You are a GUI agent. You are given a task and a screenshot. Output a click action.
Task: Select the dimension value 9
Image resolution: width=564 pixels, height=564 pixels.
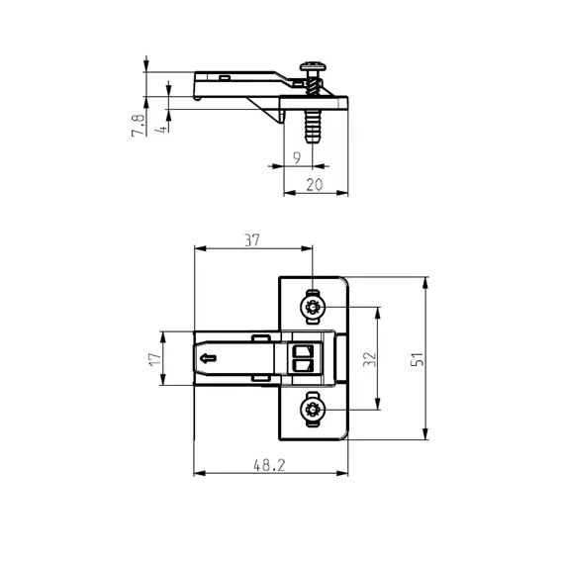pos(297,157)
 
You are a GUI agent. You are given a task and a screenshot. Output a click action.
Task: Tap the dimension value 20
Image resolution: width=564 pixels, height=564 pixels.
pos(315,183)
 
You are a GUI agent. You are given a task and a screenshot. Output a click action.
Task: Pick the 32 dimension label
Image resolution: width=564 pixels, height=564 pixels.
pos(368,358)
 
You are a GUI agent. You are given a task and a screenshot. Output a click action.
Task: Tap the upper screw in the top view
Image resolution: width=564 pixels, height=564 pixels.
pos(314,308)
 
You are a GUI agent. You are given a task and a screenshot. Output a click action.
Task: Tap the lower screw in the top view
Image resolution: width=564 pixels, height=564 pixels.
pos(314,409)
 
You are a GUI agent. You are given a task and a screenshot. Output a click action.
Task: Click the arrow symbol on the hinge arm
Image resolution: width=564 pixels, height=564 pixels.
pos(208,358)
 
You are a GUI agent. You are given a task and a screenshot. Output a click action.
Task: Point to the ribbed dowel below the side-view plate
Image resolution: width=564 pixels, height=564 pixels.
pos(312,126)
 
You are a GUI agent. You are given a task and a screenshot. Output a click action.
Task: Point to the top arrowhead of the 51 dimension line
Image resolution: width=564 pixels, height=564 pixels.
pos(426,280)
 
